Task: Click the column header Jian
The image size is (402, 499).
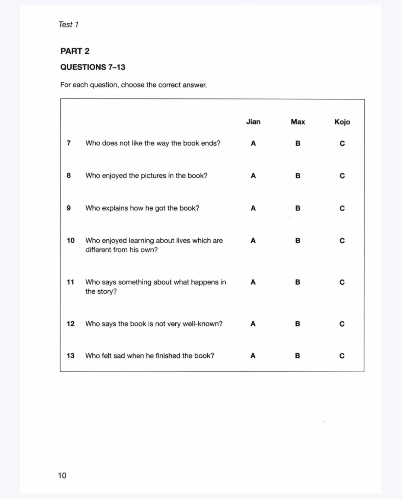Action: click(253, 121)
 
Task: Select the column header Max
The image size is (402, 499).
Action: click(298, 121)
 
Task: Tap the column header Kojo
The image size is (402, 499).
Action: click(342, 122)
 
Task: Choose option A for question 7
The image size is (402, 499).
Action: click(253, 143)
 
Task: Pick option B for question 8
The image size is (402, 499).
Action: click(298, 176)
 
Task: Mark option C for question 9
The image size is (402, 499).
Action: click(342, 208)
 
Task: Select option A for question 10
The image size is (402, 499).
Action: click(253, 241)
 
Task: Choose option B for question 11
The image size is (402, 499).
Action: click(297, 282)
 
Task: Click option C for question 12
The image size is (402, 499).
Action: click(342, 324)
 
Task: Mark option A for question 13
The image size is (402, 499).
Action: click(253, 356)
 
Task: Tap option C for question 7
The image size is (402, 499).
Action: click(342, 143)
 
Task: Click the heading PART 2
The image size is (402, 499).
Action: click(75, 51)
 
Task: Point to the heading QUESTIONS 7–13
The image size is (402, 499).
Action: click(93, 67)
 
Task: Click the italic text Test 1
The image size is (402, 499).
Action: click(68, 25)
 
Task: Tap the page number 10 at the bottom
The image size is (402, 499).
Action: click(62, 475)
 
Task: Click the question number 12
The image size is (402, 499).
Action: click(71, 323)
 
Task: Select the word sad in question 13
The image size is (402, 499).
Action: click(119, 356)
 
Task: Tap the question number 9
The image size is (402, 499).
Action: click(68, 208)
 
